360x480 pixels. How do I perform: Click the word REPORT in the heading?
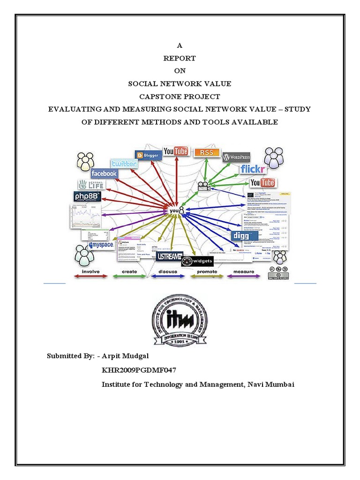tap(180, 59)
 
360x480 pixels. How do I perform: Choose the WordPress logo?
tap(237, 157)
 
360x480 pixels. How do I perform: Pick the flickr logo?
tap(254, 169)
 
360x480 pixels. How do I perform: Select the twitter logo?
tap(124, 164)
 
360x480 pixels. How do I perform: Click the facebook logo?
tap(104, 173)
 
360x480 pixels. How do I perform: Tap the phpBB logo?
tap(87, 197)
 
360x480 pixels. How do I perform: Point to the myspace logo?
tap(101, 245)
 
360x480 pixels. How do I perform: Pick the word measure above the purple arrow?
tap(242, 271)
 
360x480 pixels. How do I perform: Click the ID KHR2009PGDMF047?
tap(140, 370)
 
